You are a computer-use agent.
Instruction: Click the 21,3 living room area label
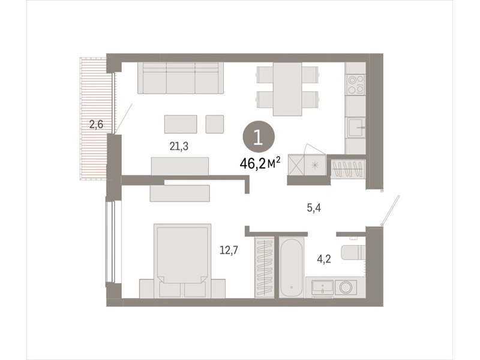pyautogui.click(x=179, y=146)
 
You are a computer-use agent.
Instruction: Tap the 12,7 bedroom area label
pyautogui.click(x=229, y=250)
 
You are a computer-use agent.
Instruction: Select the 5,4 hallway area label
pyautogui.click(x=314, y=208)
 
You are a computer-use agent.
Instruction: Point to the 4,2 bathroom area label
pyautogui.click(x=324, y=259)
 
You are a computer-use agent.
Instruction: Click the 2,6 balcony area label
pyautogui.click(x=96, y=125)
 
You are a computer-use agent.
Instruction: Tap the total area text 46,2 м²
pyautogui.click(x=260, y=163)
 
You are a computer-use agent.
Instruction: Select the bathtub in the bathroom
pyautogui.click(x=292, y=267)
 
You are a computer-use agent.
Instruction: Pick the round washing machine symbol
pyautogui.click(x=346, y=287)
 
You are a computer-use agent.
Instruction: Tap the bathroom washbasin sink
pyautogui.click(x=322, y=287)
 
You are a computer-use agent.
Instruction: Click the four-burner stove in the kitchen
pyautogui.click(x=356, y=84)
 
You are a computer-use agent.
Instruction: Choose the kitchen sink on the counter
pyautogui.click(x=356, y=127)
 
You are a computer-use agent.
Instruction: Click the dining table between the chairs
pyautogui.click(x=287, y=89)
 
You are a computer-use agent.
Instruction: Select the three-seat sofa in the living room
pyautogui.click(x=181, y=78)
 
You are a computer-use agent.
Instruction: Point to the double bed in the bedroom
pyautogui.click(x=182, y=260)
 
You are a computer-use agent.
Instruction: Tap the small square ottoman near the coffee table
pyautogui.click(x=215, y=124)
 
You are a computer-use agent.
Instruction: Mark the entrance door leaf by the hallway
pyautogui.click(x=391, y=211)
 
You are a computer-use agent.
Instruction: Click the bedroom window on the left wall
pyautogui.click(x=110, y=242)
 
